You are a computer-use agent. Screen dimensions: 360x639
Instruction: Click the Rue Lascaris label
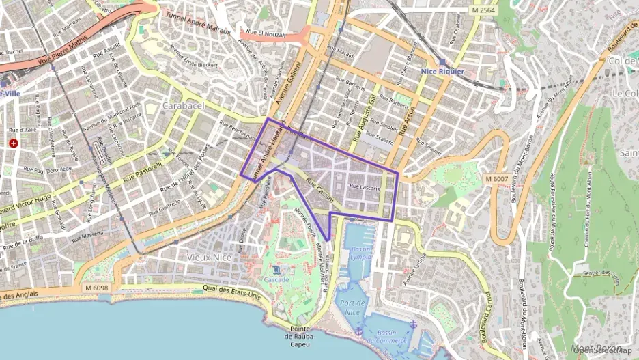point(363,186)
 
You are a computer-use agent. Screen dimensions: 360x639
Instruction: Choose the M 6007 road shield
point(496,178)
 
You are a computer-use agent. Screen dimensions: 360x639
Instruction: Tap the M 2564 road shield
point(484,10)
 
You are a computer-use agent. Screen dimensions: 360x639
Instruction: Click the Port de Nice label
point(352,307)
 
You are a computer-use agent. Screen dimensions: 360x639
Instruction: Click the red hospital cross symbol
point(14,143)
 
